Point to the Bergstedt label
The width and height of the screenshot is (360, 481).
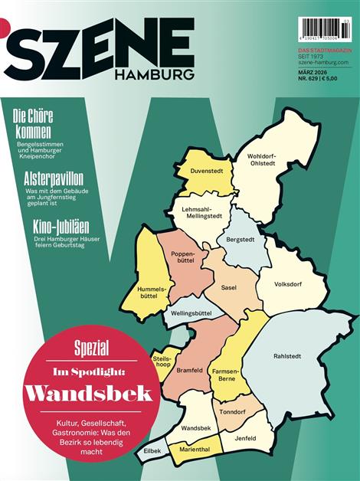(241, 240)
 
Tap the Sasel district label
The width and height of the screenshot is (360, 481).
(228, 288)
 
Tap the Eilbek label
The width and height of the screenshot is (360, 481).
(152, 452)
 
